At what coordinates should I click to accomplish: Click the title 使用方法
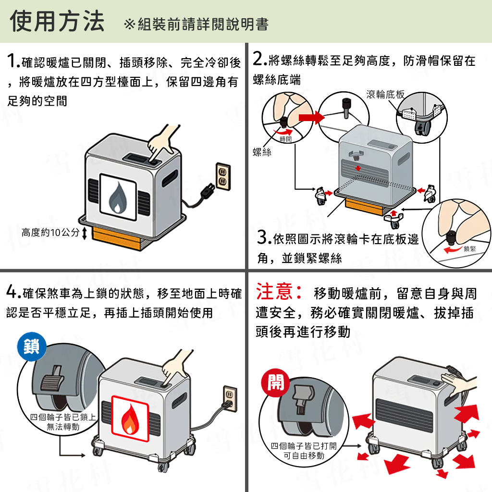pyautogui.click(x=57, y=22)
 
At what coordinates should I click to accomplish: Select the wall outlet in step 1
pyautogui.click(x=222, y=176)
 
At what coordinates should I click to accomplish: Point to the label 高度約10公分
pyautogui.click(x=50, y=233)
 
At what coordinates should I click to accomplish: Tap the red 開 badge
pyautogui.click(x=275, y=382)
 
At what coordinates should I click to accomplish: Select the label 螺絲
pyautogui.click(x=262, y=152)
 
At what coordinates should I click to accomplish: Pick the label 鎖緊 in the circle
pyautogui.click(x=469, y=248)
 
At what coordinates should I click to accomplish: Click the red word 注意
pyautogui.click(x=278, y=292)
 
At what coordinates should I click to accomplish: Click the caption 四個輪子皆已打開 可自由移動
pyautogui.click(x=304, y=451)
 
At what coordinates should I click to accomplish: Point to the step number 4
pyautogui.click(x=12, y=293)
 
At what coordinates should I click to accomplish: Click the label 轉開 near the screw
pyautogui.click(x=285, y=139)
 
